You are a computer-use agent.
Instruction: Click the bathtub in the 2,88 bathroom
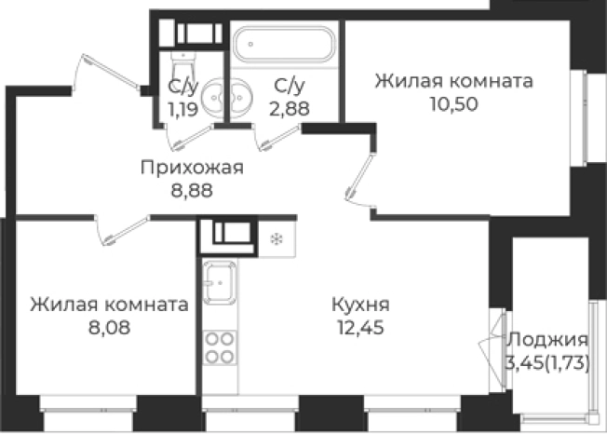click(283, 45)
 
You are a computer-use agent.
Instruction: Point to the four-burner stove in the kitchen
click(219, 348)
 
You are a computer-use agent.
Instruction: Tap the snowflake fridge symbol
click(275, 238)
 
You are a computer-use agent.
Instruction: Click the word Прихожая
click(192, 168)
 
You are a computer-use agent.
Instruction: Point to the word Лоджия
click(547, 340)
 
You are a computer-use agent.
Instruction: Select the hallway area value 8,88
click(192, 191)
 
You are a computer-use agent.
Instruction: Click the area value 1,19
click(182, 109)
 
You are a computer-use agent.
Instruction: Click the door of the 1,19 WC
click(188, 136)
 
